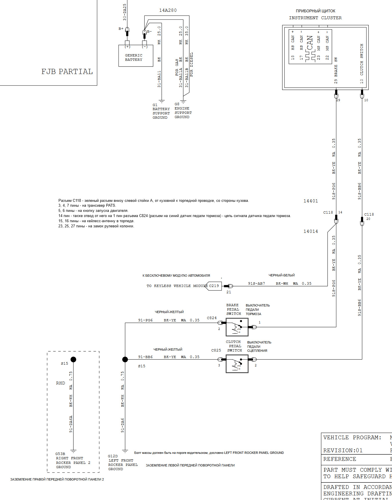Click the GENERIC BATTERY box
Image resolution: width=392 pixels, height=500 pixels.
coord(136,56)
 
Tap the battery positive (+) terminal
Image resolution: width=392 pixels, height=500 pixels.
coord(127,43)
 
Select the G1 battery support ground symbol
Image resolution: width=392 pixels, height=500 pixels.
coord(162,101)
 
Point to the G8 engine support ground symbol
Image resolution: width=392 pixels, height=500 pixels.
coord(183,101)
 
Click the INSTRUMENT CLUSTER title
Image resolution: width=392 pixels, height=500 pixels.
coord(315,18)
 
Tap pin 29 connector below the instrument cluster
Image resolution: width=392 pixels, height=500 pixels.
coord(336,94)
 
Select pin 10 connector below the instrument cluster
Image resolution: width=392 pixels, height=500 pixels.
coord(362,94)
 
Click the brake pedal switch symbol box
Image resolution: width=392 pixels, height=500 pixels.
coord(237,327)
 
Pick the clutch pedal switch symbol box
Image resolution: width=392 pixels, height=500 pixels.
coord(237,364)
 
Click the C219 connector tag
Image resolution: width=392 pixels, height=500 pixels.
coord(214,286)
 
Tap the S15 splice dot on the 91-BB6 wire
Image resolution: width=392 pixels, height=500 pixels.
coord(125,359)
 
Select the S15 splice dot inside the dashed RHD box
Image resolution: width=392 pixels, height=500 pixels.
coord(74,359)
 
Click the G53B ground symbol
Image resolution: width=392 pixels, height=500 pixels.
coord(74,451)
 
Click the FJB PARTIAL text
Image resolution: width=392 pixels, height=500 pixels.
coord(67,72)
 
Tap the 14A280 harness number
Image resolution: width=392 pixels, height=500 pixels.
coord(168,10)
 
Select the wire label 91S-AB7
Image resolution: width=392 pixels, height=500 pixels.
coord(256,284)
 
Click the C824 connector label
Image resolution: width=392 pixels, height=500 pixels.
coord(212,318)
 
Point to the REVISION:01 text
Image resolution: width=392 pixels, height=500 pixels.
coord(343,450)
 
